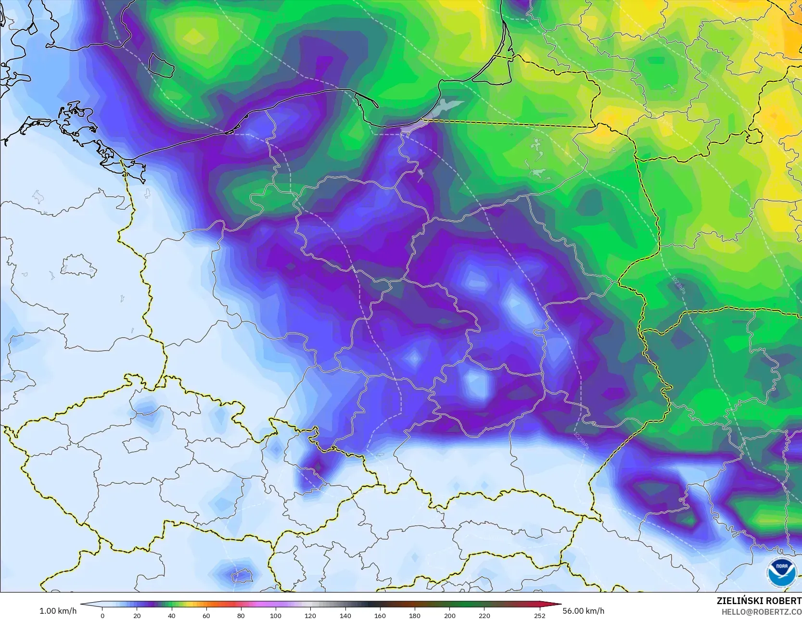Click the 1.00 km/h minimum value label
(58, 611)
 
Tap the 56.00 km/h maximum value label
(583, 611)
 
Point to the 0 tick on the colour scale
(102, 615)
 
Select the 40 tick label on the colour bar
(172, 615)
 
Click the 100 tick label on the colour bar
(276, 615)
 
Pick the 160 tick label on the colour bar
(380, 615)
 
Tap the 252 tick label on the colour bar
(540, 615)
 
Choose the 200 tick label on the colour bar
(449, 615)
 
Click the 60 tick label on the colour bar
(206, 615)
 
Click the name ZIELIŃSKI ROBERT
(759, 601)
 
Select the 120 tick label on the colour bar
(310, 615)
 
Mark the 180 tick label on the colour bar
(415, 615)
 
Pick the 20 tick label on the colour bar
(137, 615)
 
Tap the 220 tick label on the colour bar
(484, 615)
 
